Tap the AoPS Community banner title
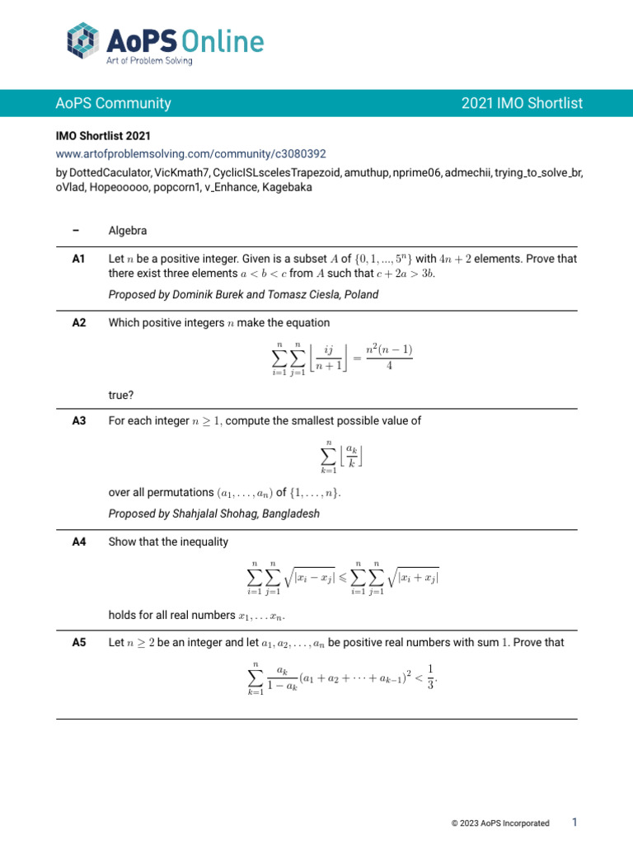point(113,103)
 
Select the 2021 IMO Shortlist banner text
point(522,103)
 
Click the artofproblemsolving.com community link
point(191,153)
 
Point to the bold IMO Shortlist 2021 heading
point(103,135)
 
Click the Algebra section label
point(128,231)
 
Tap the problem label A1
point(79,259)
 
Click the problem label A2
point(79,323)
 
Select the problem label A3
point(79,420)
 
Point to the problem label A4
point(79,542)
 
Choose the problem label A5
point(79,639)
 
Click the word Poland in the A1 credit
point(361,294)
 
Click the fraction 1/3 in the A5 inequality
point(432,676)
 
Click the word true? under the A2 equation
point(122,396)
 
